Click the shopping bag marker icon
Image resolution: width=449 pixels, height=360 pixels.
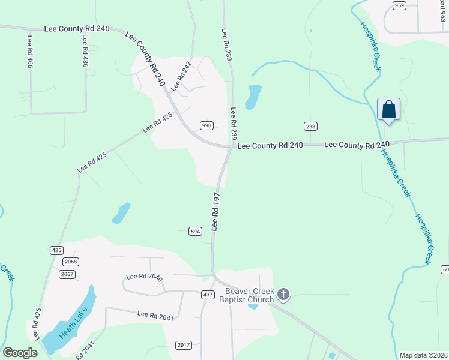[388, 110]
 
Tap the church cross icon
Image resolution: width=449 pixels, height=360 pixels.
[283, 295]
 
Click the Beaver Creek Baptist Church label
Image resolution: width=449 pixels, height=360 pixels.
[246, 295]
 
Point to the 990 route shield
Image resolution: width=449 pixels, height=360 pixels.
[206, 125]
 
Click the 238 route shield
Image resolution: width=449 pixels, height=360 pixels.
[310, 126]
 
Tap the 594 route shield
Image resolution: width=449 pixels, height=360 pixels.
[194, 232]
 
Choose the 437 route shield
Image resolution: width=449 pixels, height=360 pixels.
[208, 295]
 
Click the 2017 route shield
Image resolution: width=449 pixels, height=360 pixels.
[184, 344]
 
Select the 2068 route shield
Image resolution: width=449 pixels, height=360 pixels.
[70, 262]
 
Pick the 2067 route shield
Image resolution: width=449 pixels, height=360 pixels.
[67, 274]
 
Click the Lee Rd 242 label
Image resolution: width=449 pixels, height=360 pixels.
[181, 76]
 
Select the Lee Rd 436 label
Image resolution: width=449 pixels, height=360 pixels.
[86, 51]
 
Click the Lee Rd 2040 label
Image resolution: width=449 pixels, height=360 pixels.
[145, 277]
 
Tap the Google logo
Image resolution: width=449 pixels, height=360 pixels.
[20, 353]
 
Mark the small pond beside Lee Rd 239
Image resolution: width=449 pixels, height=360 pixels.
[253, 97]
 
